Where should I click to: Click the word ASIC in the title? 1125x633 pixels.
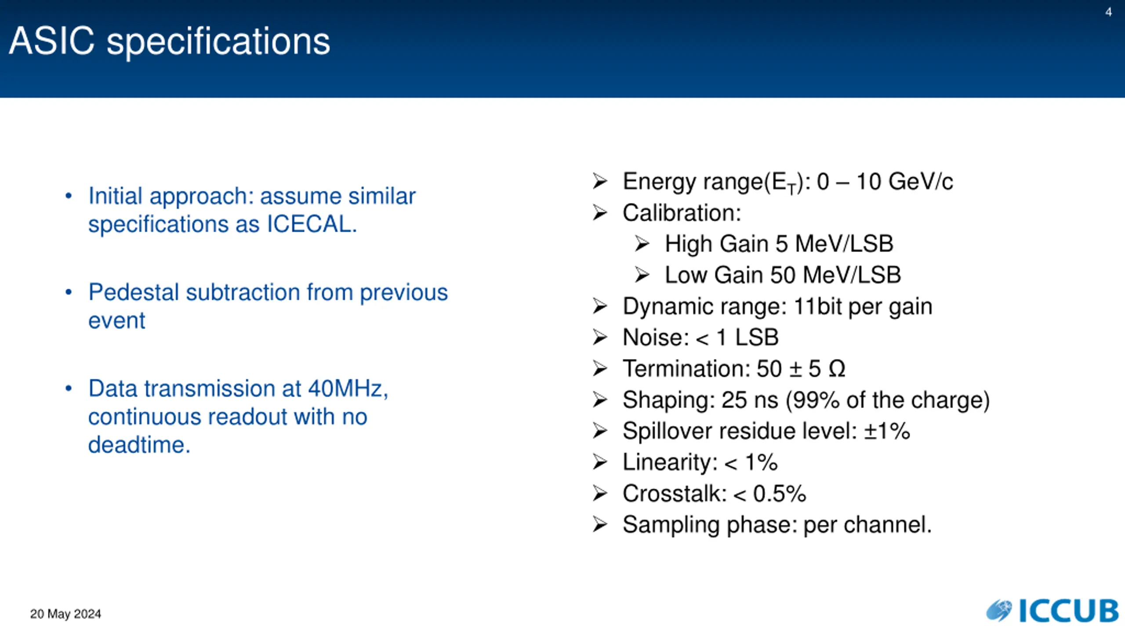coord(51,40)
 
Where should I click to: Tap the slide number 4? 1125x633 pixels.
coord(1108,12)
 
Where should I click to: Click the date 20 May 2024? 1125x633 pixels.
coord(65,614)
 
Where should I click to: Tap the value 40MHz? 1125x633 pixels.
coord(348,389)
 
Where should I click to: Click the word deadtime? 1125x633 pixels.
coord(139,444)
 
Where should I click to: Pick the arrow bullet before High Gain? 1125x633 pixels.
coord(642,244)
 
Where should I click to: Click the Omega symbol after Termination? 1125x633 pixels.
coord(837,368)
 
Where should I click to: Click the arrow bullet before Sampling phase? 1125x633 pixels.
coord(600,524)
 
